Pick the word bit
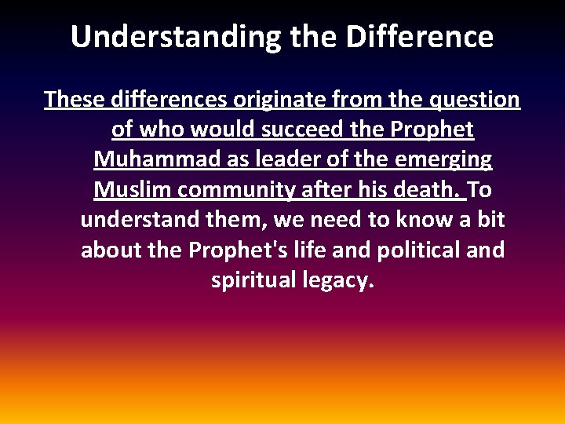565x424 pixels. point(490,220)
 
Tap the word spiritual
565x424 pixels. point(253,280)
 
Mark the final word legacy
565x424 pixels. point(338,280)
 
